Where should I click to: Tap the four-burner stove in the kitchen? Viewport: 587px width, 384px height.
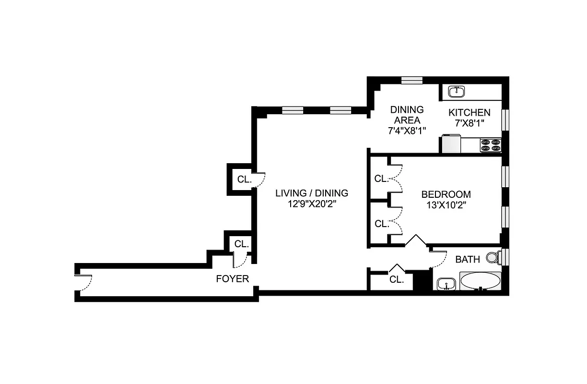[x=491, y=145]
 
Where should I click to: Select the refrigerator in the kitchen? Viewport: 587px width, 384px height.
[x=451, y=144]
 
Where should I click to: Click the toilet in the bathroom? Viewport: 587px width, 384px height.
[x=493, y=258]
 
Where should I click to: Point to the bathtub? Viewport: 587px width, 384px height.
[x=481, y=281]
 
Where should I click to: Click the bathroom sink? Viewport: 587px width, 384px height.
[x=447, y=284]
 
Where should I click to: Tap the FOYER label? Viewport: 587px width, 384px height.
[x=233, y=279]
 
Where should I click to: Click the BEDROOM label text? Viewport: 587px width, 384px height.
[x=446, y=194]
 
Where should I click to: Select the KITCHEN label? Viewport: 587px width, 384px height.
[x=470, y=113]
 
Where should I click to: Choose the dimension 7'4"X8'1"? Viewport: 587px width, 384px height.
[x=407, y=130]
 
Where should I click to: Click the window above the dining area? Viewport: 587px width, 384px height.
[x=411, y=80]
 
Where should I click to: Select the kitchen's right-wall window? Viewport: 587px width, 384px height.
[x=505, y=120]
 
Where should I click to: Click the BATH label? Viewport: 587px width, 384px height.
[x=468, y=260]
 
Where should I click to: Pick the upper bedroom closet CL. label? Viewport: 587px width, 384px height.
[x=382, y=179]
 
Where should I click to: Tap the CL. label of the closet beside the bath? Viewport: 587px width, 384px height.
[x=397, y=280]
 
